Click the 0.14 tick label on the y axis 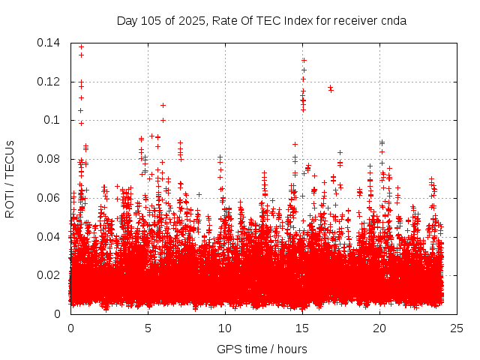49,43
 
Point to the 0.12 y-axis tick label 49,81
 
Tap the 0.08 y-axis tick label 49,159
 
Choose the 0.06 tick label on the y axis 49,198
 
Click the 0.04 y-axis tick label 49,237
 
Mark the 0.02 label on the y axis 49,275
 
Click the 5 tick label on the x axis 148,328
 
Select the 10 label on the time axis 225,328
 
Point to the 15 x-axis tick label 302,328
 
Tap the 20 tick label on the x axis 379,328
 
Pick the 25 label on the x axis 457,328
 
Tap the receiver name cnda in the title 394,20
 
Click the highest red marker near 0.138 81,46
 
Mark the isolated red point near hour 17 330,88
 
